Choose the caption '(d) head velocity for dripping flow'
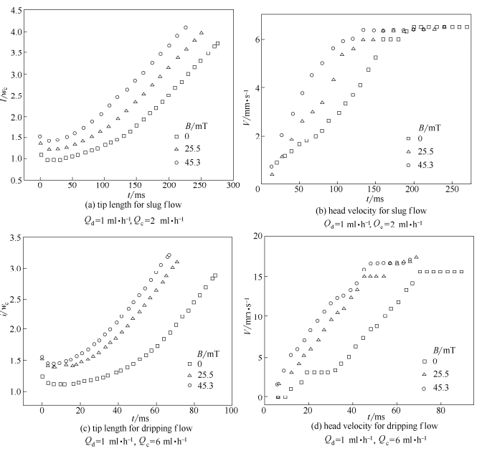(368, 428)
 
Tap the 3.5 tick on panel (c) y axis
(16, 237)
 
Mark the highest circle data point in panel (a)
(186, 28)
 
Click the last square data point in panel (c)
(215, 275)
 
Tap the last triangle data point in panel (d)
(416, 257)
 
